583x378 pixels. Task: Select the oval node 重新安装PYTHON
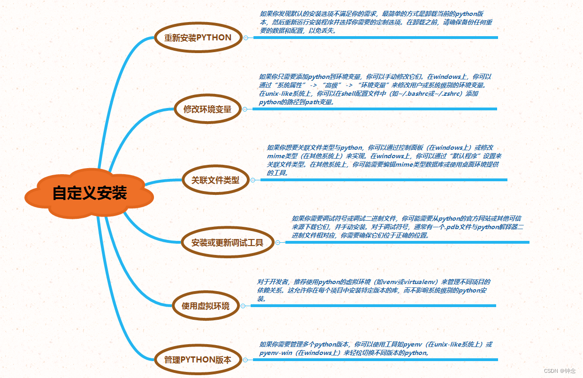click(198, 38)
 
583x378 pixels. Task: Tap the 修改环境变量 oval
click(207, 109)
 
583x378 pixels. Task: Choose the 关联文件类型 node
click(215, 179)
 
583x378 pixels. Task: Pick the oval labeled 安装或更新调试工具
click(227, 243)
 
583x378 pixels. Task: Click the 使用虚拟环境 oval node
click(206, 306)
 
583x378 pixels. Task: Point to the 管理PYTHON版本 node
click(198, 360)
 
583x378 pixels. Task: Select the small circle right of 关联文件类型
click(253, 180)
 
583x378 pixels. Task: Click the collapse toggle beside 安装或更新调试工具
click(277, 243)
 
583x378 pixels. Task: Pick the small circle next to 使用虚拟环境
click(243, 306)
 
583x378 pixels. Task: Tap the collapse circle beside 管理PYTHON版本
click(245, 360)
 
